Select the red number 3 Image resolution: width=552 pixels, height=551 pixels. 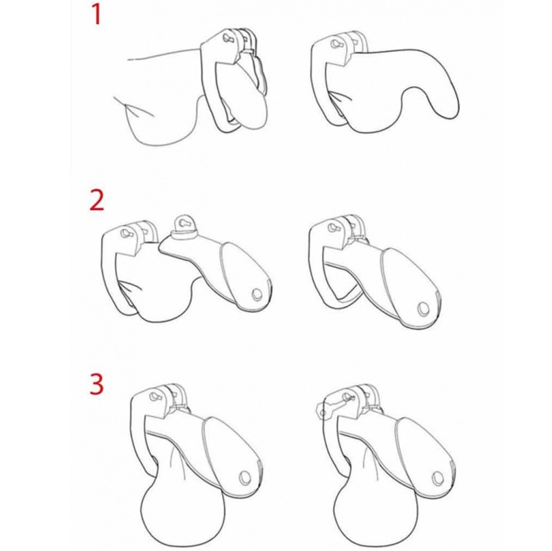click(97, 384)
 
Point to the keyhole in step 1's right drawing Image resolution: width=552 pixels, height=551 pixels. click(335, 45)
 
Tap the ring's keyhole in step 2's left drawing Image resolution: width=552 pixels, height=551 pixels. click(125, 233)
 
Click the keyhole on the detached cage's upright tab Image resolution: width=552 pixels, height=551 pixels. click(183, 223)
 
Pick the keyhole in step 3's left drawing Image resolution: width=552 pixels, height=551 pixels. click(154, 396)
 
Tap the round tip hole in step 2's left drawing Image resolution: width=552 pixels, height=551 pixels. click(257, 294)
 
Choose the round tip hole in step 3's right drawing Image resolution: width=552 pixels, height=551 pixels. click(438, 478)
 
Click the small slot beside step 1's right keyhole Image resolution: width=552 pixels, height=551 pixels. click(354, 43)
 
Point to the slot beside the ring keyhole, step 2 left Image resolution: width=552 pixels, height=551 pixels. click(145, 232)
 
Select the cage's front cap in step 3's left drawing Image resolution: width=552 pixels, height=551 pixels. click(232, 454)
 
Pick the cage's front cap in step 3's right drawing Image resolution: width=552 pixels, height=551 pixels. click(426, 454)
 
